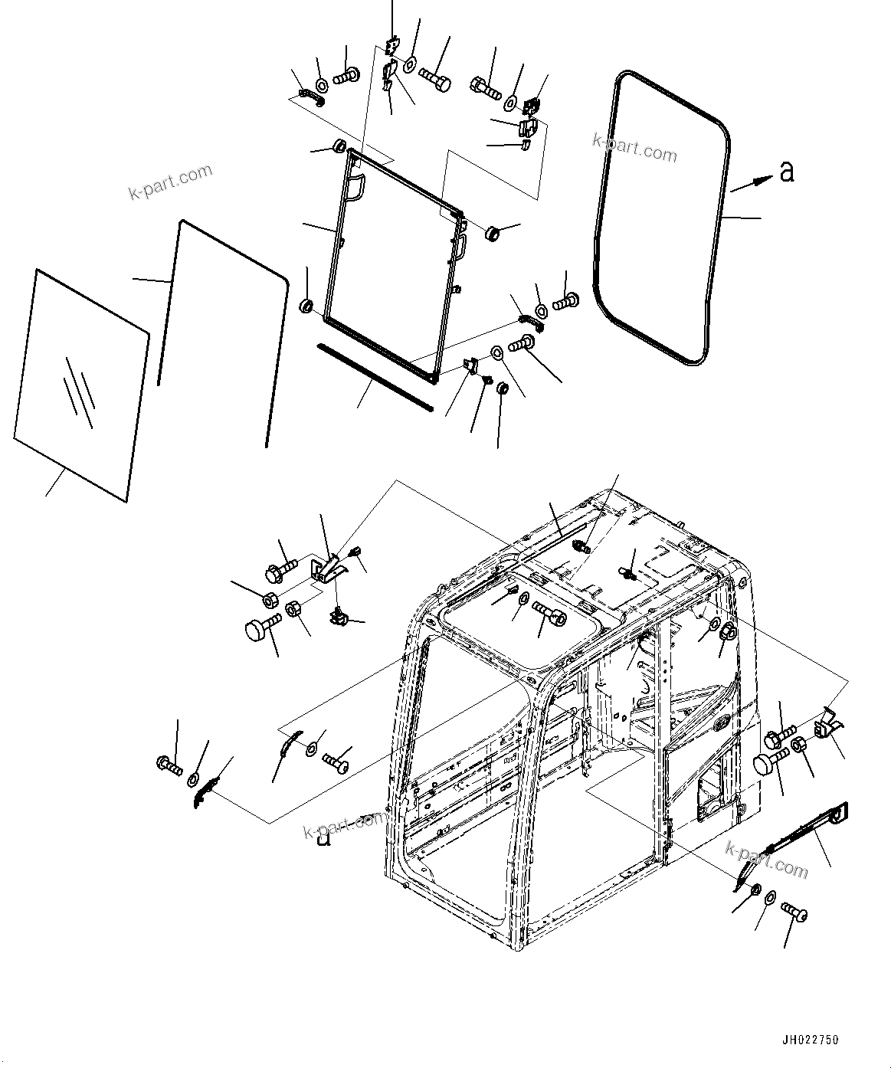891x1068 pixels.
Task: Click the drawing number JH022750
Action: point(810,1040)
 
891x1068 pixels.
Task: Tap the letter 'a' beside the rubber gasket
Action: point(786,172)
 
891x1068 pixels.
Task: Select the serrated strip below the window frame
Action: point(375,377)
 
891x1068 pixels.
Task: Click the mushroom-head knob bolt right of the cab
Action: point(768,762)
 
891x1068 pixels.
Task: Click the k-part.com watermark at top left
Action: point(170,182)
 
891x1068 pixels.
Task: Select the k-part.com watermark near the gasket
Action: point(634,146)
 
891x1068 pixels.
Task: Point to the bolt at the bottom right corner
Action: point(794,912)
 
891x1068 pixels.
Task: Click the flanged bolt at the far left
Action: point(169,763)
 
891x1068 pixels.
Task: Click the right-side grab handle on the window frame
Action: point(460,247)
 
